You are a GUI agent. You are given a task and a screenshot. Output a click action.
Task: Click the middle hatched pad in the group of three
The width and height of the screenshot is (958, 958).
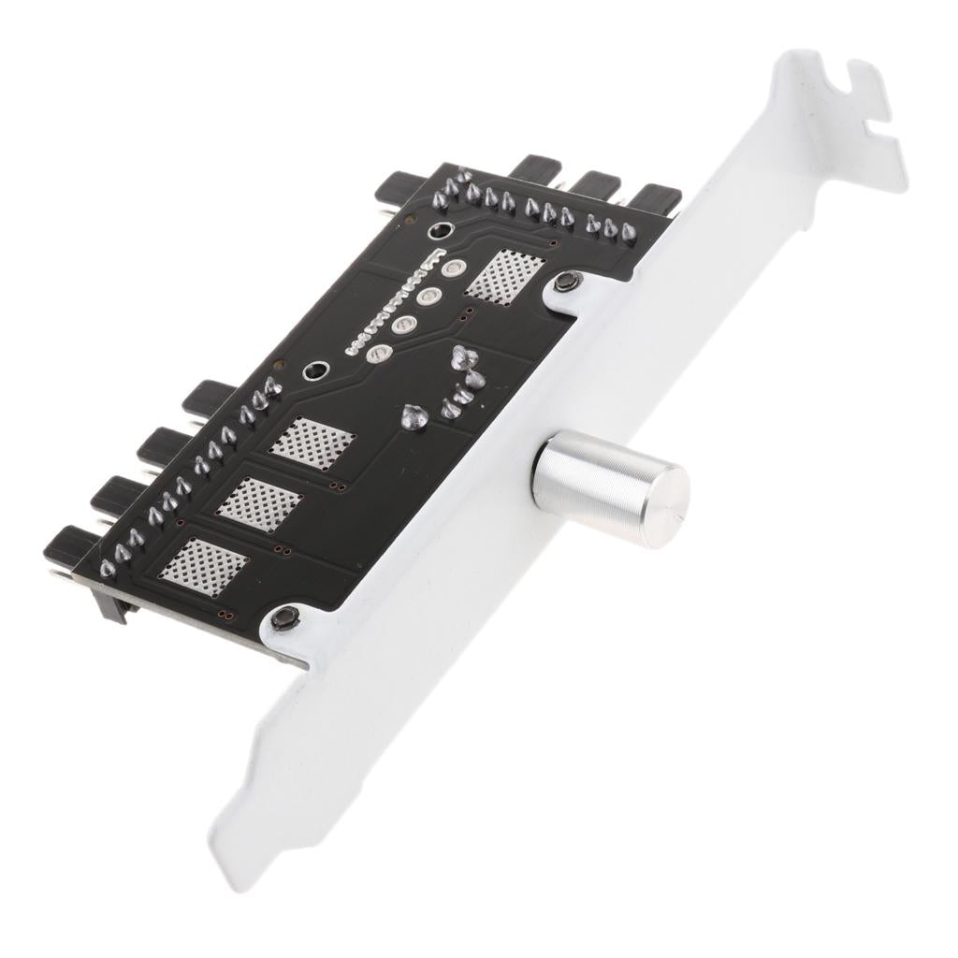point(261,500)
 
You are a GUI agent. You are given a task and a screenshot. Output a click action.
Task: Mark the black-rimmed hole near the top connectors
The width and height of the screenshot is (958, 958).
point(438,232)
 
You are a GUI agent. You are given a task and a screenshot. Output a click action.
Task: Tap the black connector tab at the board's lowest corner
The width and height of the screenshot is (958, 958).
point(65,542)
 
